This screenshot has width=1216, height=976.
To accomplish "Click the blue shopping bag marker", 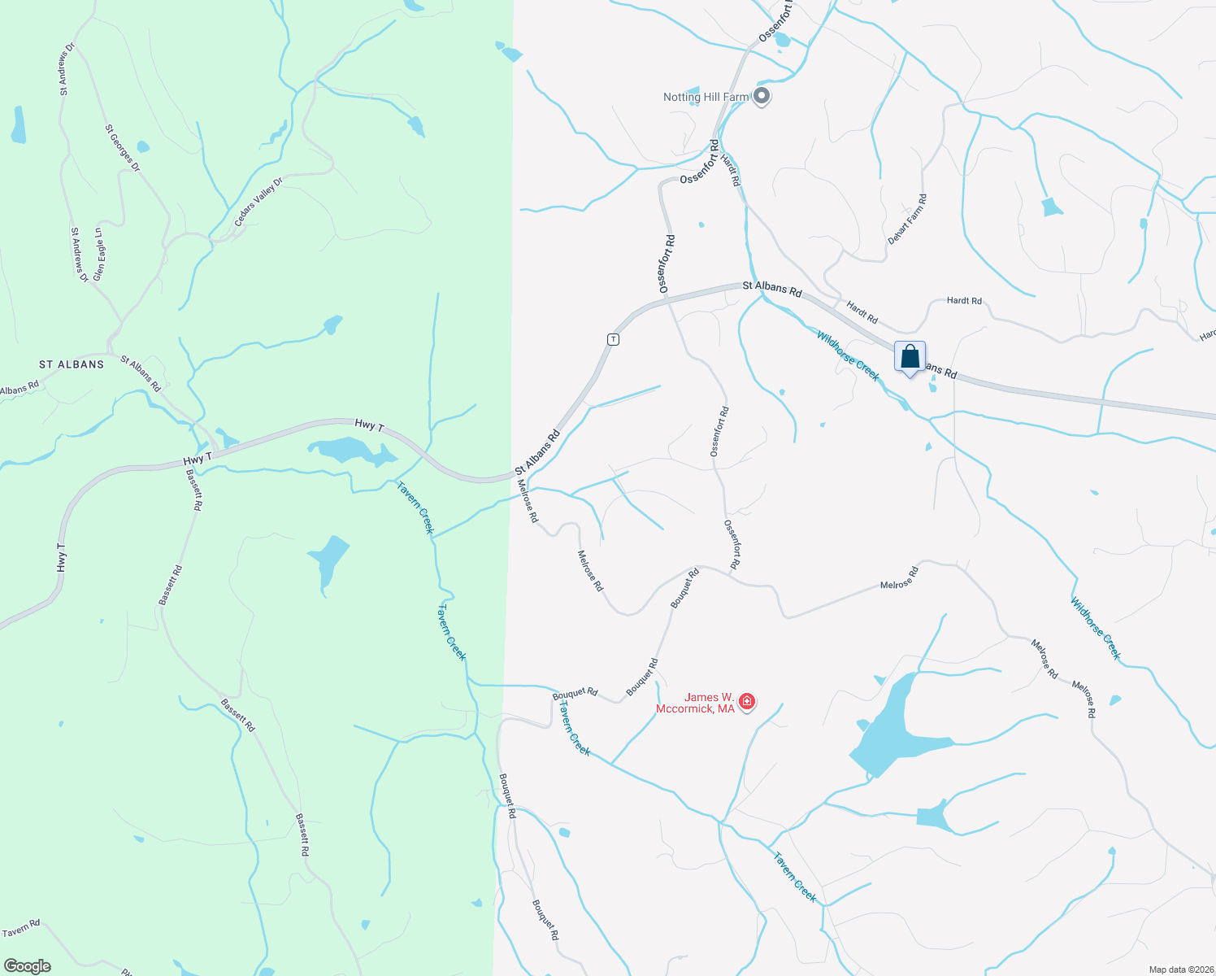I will (x=910, y=357).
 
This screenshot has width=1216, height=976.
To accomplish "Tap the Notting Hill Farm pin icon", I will (x=762, y=97).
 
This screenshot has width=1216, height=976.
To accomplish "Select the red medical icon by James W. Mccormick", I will (x=746, y=701).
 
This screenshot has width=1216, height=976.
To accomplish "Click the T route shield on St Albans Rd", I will (x=614, y=339).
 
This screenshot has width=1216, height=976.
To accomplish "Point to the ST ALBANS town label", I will (x=72, y=364).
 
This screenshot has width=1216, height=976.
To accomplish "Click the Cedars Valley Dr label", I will (x=258, y=203).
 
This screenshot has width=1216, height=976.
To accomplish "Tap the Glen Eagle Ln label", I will (x=99, y=255).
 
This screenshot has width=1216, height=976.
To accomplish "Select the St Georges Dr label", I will (x=123, y=148).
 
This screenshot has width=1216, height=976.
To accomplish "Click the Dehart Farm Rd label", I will (x=907, y=220).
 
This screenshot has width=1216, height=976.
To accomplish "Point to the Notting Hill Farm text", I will (x=706, y=98).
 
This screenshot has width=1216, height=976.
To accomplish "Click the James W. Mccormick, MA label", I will (x=695, y=703).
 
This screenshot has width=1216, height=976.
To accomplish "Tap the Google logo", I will (x=28, y=966).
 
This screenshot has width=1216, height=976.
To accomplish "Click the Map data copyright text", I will (x=1181, y=969).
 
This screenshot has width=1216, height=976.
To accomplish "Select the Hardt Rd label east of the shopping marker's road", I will (x=964, y=301).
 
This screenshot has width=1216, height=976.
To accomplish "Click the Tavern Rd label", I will (x=20, y=929).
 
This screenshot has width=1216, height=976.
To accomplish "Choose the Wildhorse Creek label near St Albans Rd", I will (x=848, y=355).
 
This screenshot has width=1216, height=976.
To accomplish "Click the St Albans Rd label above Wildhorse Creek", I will (x=772, y=288).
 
